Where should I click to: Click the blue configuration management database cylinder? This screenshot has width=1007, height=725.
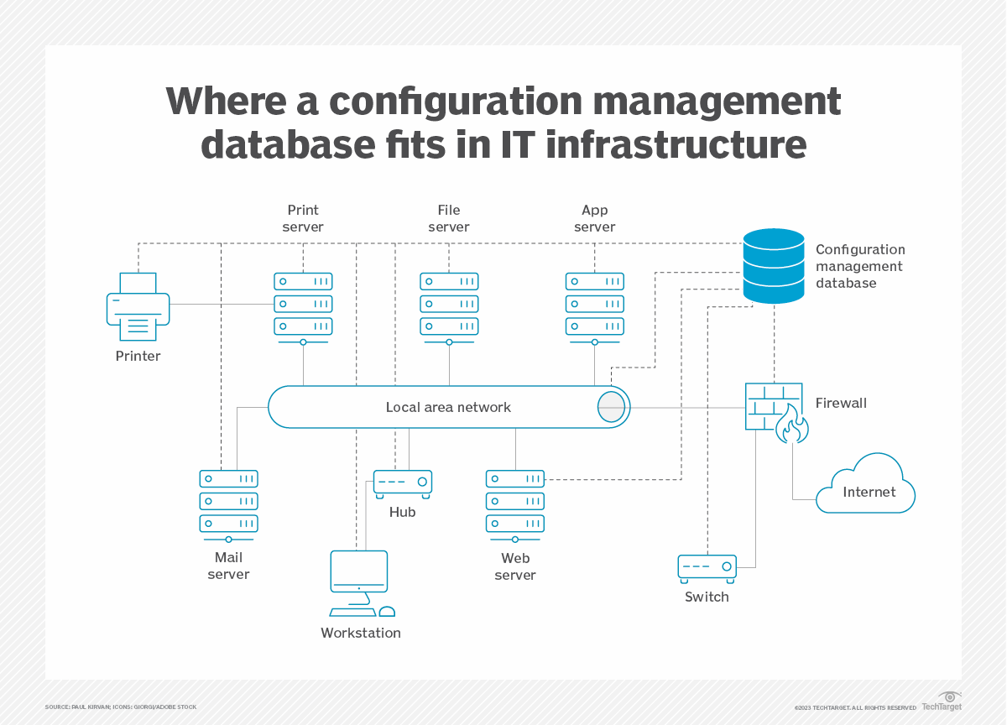[774, 266]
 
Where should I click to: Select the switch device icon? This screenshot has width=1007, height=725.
[707, 569]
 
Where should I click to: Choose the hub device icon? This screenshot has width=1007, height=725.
[403, 482]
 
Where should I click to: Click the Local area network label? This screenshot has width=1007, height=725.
[448, 407]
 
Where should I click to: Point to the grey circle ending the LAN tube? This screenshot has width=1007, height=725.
[611, 407]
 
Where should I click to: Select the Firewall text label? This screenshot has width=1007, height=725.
[841, 403]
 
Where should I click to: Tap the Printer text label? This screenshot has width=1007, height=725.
[138, 356]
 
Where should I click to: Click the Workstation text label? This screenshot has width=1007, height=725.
[361, 633]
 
